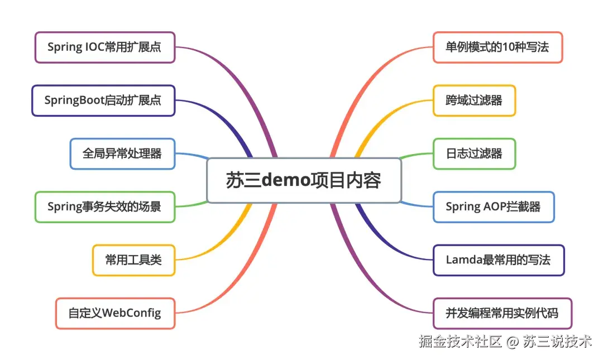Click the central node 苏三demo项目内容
tap(304, 180)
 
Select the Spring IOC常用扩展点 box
tap(104, 47)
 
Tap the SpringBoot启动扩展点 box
tap(103, 100)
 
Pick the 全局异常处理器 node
tap(122, 153)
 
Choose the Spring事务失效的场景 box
tap(104, 207)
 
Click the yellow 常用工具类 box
tap(133, 260)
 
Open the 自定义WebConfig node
tap(115, 313)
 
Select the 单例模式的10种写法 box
tap(497, 47)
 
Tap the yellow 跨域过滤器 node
tap(474, 100)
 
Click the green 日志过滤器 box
tap(474, 153)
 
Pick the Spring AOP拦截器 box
tap(494, 207)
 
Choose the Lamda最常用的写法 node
tap(499, 260)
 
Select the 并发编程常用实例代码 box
tap(502, 313)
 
